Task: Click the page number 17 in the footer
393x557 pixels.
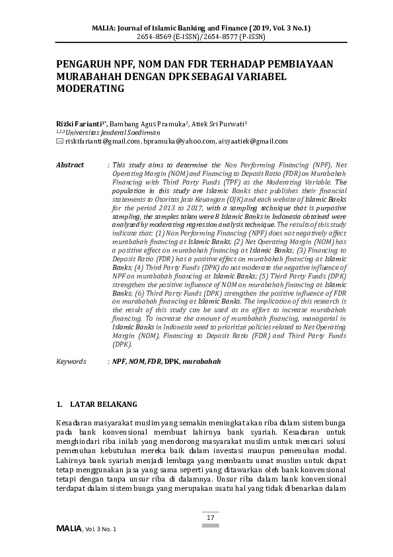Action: click(211, 517)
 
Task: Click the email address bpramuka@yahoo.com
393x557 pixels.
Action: click(180, 141)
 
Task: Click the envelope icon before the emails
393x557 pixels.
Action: click(59, 141)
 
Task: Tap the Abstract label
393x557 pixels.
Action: click(70, 165)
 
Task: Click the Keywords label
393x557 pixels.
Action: click(71, 362)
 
